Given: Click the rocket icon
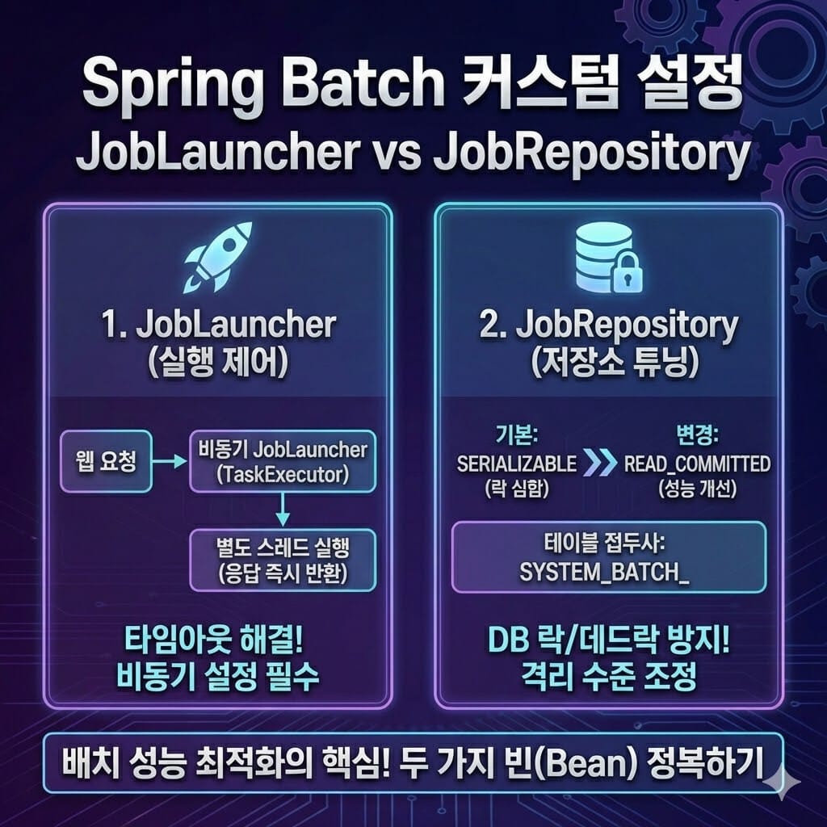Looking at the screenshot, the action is pos(217,257).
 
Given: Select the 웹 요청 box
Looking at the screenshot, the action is pos(106,461).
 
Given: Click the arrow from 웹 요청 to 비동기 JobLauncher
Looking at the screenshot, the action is pos(170,461).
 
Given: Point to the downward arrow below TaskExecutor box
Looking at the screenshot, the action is pos(283,510).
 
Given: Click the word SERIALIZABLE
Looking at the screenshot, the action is pos(516,464).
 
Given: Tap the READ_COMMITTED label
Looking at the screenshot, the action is pos(697,464).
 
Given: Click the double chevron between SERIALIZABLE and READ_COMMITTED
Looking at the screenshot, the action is pos(601,463).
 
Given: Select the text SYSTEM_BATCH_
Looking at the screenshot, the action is pos(604,573).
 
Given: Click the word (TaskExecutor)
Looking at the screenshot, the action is pos(283,474).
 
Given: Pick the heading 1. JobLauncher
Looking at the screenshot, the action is pos(218,325).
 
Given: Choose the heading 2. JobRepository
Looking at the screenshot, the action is pos(609,326).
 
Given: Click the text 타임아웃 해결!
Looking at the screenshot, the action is pos(213,640).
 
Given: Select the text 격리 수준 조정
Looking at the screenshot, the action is pos(609,677).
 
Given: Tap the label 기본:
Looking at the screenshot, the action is pos(516,435).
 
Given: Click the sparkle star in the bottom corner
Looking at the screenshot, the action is pos(782,782).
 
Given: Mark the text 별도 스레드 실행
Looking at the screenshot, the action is pos(283,548).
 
